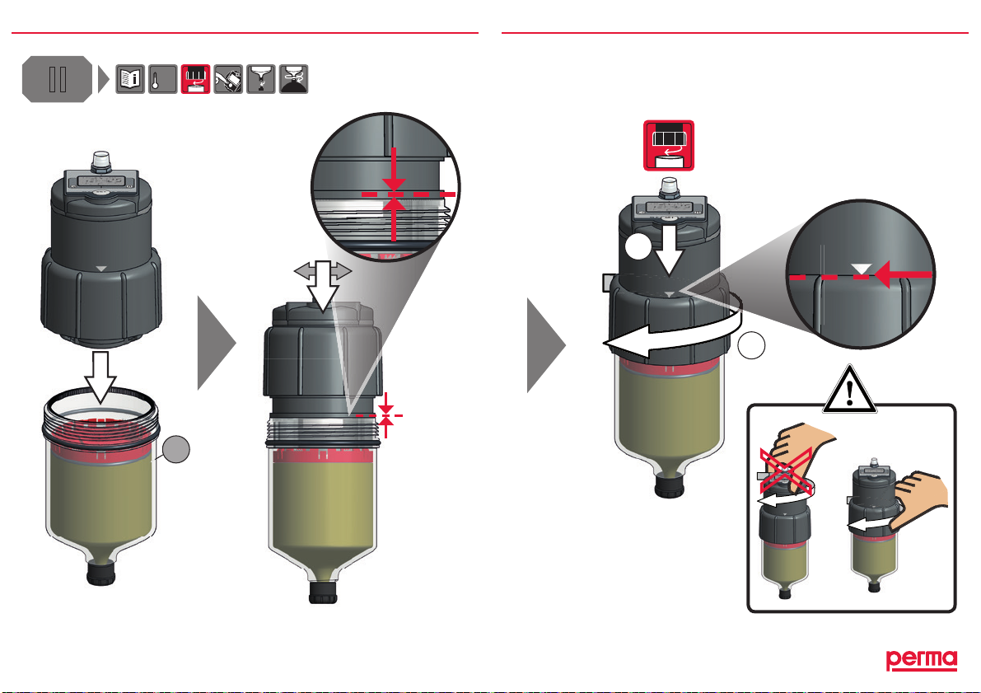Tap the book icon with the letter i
[x=130, y=78]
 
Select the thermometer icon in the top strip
[x=162, y=78]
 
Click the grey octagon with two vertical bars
[x=56, y=79]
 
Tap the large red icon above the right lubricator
[x=669, y=146]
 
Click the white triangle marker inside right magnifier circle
[x=861, y=269]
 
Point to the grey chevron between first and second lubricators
[x=217, y=341]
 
